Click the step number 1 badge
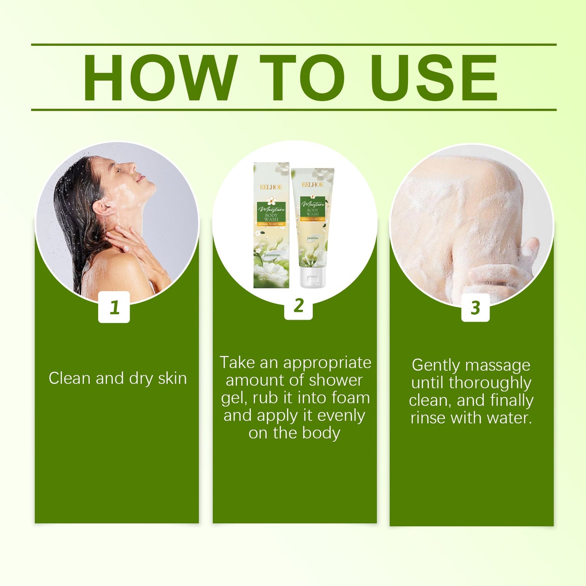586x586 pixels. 114,307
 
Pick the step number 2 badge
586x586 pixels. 298,305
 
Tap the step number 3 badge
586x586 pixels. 475,307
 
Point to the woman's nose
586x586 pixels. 132,166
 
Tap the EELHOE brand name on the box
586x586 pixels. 271,187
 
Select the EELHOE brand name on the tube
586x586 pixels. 313,185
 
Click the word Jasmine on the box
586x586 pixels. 272,255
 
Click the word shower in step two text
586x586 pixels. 336,380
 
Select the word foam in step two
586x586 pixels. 350,398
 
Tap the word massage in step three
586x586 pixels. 499,365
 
